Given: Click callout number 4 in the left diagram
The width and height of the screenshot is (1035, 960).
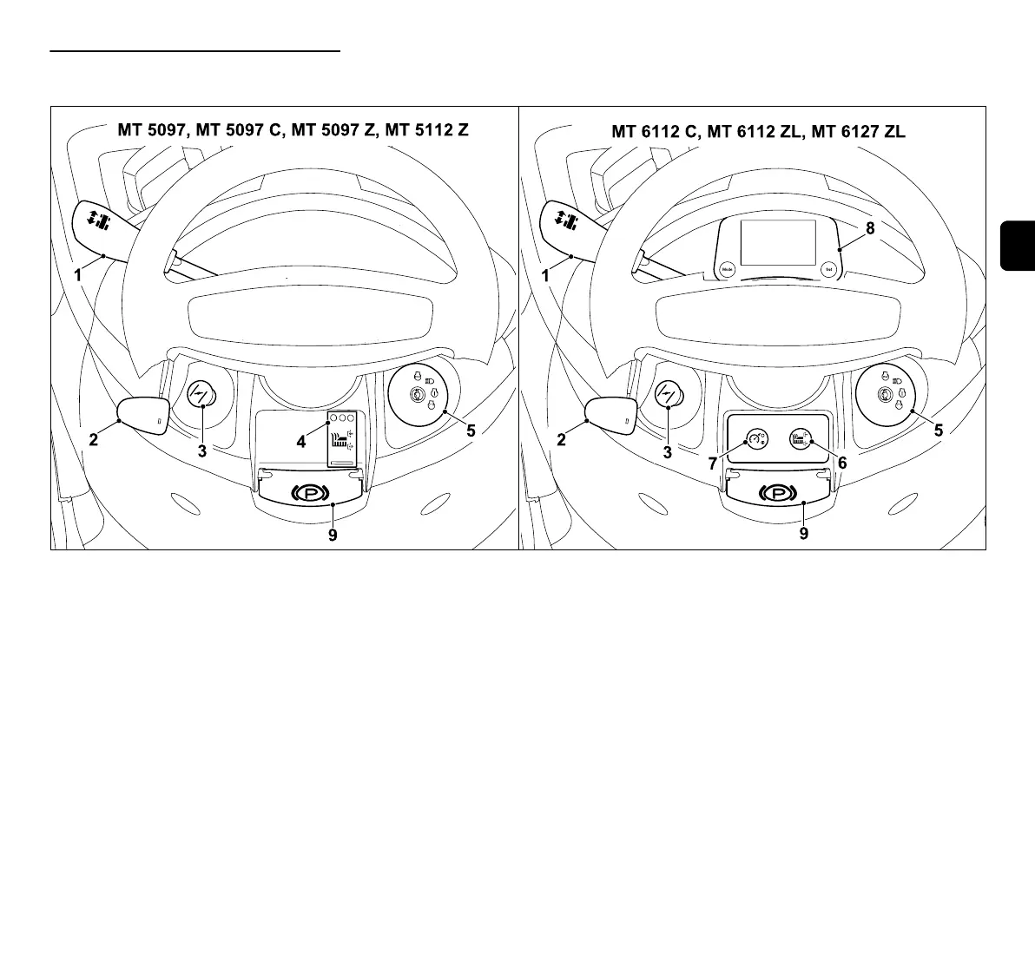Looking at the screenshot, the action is pyautogui.click(x=301, y=442).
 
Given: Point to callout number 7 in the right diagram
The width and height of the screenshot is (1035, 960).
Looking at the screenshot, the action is pyautogui.click(x=713, y=464).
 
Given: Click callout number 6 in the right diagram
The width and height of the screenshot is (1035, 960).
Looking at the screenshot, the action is pyautogui.click(x=841, y=464).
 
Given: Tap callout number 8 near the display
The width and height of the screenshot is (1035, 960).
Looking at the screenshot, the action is pyautogui.click(x=870, y=229).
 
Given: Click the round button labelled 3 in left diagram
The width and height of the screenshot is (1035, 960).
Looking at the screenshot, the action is pyautogui.click(x=201, y=397).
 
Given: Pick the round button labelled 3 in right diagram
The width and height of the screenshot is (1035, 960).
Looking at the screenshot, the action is pyautogui.click(x=668, y=397).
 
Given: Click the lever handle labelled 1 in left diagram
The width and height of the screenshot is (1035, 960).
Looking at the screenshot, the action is pyautogui.click(x=102, y=222).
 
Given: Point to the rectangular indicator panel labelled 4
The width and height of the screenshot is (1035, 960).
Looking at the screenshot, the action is pyautogui.click(x=342, y=438).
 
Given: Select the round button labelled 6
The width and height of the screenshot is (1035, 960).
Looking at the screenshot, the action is pyautogui.click(x=800, y=439).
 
